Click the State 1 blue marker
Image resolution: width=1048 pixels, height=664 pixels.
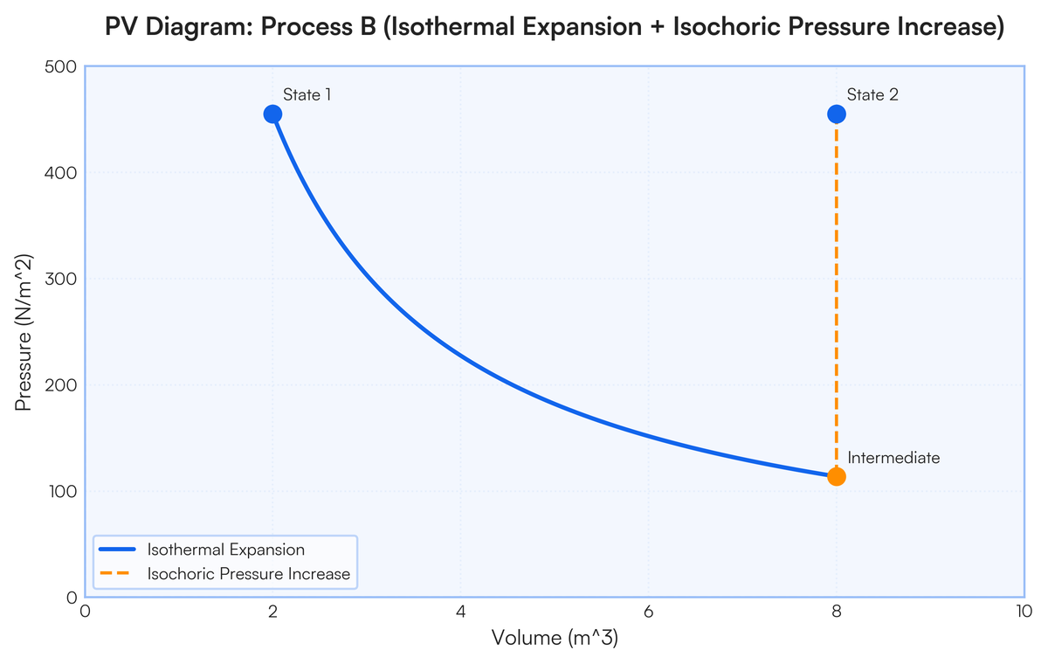[272, 114]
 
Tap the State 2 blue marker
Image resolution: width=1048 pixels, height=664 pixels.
[836, 114]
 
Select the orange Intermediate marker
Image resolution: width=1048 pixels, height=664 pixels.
[836, 476]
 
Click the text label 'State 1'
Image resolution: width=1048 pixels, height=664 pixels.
[307, 94]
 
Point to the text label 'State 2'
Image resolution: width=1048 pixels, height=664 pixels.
[872, 94]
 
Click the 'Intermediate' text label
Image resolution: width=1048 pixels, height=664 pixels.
[893, 458]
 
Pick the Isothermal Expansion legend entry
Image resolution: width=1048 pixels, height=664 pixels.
[225, 550]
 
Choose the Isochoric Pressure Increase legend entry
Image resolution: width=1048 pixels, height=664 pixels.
[248, 574]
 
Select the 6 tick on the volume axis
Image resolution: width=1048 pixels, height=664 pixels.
[648, 612]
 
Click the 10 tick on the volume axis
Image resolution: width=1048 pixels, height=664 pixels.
[1024, 612]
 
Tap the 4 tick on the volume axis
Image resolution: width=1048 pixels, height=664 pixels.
[460, 612]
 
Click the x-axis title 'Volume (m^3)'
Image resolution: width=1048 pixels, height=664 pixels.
[555, 639]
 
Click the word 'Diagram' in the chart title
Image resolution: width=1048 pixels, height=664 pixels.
[187, 28]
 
